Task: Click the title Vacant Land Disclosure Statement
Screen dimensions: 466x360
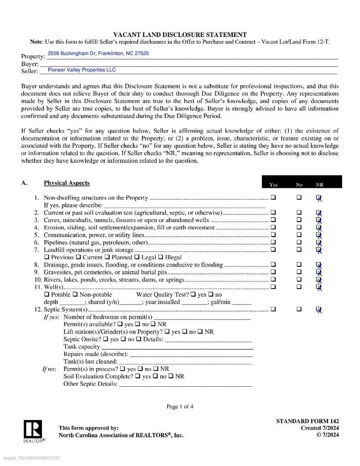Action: click(180, 35)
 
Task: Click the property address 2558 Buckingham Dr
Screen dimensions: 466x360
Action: click(98, 54)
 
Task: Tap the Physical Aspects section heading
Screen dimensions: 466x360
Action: click(66, 183)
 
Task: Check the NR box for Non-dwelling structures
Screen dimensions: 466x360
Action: click(319, 198)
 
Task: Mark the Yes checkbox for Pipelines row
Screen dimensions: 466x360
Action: click(273, 242)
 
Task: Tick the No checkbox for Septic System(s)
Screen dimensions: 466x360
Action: click(299, 309)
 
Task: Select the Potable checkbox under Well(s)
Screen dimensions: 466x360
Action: click(46, 294)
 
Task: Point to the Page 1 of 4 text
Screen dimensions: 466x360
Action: click(180, 406)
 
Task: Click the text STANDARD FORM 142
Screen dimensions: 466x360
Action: click(307, 421)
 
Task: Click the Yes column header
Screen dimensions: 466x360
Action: click(273, 185)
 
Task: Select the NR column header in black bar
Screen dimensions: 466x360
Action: click(319, 185)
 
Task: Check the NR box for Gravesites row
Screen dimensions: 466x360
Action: click(319, 272)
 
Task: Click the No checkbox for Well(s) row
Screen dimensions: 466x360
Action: click(299, 287)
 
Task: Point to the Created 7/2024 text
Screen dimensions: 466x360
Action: click(319, 428)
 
